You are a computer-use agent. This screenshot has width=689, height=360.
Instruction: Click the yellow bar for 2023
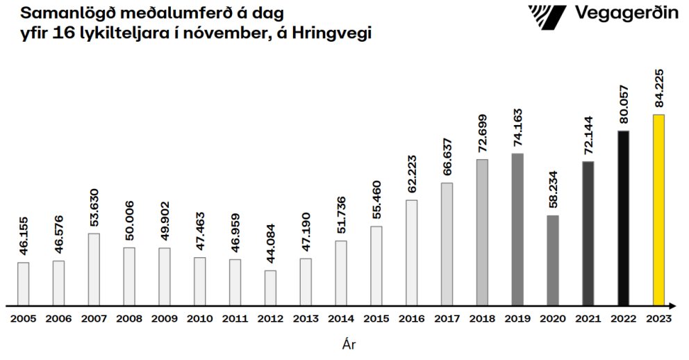click(658, 210)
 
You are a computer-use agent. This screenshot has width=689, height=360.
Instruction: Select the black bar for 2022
click(623, 218)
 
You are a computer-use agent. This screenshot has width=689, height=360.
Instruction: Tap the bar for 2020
click(553, 260)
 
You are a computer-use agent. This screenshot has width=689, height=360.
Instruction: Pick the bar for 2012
click(270, 288)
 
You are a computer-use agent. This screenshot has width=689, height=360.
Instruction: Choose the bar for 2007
click(94, 269)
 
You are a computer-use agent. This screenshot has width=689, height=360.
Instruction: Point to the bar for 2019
click(517, 229)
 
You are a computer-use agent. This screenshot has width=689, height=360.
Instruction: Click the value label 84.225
click(658, 88)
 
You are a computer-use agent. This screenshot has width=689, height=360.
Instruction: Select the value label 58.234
click(553, 188)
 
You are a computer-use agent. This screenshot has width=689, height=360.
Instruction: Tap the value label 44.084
click(270, 243)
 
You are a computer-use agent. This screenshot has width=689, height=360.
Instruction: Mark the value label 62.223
click(412, 173)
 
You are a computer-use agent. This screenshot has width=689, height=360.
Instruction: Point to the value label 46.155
click(23, 236)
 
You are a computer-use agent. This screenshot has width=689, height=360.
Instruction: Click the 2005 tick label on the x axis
click(23, 318)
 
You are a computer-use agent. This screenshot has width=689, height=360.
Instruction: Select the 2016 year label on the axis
click(412, 318)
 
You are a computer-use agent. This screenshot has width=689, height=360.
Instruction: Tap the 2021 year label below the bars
click(588, 318)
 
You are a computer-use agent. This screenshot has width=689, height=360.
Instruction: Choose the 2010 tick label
click(199, 318)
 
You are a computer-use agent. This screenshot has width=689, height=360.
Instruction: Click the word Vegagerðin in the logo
click(627, 13)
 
